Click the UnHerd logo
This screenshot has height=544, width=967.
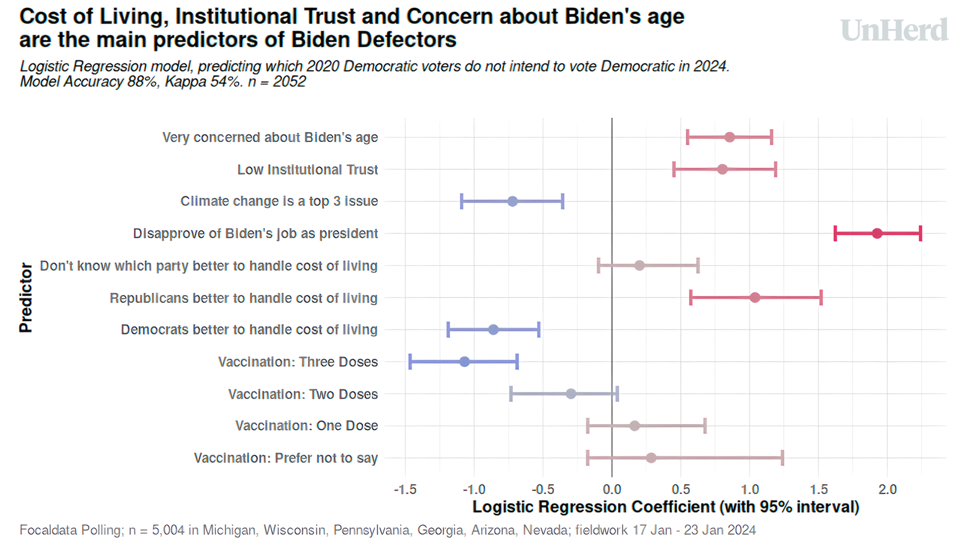pos(894,30)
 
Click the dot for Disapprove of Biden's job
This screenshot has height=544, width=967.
pos(877,233)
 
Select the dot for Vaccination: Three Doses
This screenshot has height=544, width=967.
pos(464,362)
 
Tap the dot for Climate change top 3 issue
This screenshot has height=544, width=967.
pos(512,201)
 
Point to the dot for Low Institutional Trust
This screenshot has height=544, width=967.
pos(722,169)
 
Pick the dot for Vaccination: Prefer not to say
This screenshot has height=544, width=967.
pos(651,458)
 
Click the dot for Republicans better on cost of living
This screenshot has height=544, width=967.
pos(754,298)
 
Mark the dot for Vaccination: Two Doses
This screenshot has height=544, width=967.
pos(571,394)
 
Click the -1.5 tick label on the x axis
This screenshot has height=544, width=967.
pos(405,490)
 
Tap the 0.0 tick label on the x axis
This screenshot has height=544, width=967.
pos(612,490)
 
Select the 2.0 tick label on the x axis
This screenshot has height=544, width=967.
pos(887,490)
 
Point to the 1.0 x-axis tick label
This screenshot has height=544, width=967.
pos(749,490)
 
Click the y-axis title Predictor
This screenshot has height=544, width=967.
pos(26,298)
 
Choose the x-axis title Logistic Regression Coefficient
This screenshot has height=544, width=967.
pos(665,507)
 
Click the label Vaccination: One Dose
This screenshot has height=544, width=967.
pos(306,426)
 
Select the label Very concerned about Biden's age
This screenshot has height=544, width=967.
pos(270,138)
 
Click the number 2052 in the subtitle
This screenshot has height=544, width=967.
pos(289,82)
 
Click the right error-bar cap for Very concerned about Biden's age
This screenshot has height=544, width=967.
pos(771,137)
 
